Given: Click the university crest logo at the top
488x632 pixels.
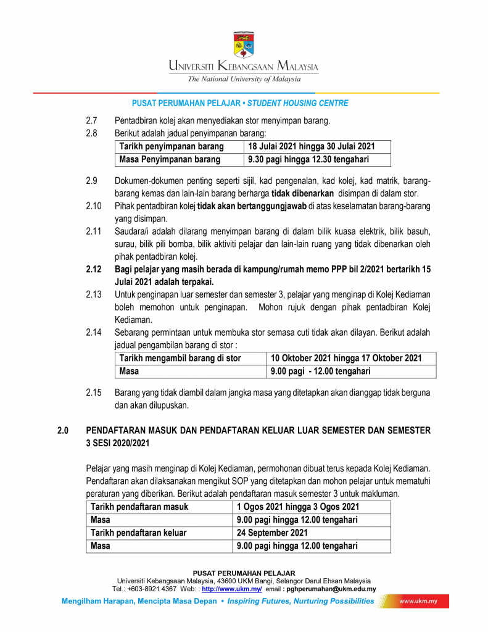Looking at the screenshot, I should [x=243, y=44].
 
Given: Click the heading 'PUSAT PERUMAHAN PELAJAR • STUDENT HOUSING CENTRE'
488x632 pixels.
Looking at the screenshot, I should [x=240, y=104].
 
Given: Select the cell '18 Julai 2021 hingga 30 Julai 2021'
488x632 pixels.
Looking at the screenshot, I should [x=311, y=147].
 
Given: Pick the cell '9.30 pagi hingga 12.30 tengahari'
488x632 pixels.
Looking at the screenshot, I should [x=308, y=160].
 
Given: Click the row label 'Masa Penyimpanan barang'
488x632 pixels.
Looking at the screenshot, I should [x=170, y=160].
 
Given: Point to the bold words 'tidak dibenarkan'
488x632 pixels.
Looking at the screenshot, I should [x=299, y=193].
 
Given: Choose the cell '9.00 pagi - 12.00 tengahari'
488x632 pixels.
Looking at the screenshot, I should [x=321, y=372].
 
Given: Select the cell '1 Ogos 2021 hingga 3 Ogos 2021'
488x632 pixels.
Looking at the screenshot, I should [x=297, y=507].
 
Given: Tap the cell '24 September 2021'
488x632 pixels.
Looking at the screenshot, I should [x=272, y=533].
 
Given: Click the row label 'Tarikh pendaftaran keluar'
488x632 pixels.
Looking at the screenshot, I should [x=139, y=533].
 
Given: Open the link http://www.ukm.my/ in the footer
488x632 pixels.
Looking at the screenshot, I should [x=232, y=589].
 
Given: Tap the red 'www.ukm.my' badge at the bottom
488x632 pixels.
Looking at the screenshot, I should [x=420, y=601].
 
